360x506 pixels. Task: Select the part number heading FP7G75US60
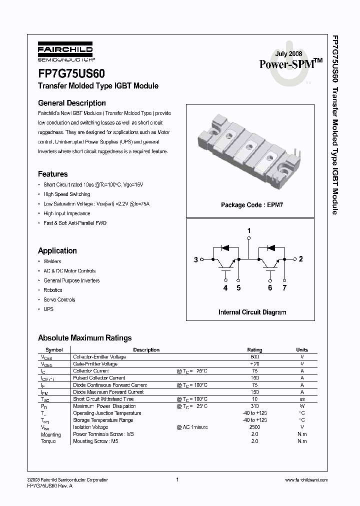tap(71, 73)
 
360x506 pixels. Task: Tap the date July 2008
tap(289, 53)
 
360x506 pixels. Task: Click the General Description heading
tap(72, 103)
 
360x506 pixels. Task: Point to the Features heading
tap(53, 174)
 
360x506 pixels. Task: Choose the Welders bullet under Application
tap(52, 261)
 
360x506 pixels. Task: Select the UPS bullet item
tap(48, 309)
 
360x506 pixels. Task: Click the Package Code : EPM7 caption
tap(252, 205)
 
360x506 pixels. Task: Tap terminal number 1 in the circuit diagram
tap(249, 230)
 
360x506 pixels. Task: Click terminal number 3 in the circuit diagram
tap(196, 259)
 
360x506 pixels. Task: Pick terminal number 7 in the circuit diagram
tap(284, 288)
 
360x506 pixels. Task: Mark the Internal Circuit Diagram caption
tap(252, 312)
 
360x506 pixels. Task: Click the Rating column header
tap(254, 350)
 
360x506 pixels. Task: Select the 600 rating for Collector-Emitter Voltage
tap(254, 357)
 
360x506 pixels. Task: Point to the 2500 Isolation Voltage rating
tap(254, 427)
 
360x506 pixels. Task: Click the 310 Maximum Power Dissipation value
tap(254, 406)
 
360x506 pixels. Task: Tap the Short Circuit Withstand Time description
tap(103, 399)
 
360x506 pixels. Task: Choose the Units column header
tap(302, 350)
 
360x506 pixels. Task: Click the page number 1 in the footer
tap(177, 480)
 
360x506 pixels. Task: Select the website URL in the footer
tap(306, 480)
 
